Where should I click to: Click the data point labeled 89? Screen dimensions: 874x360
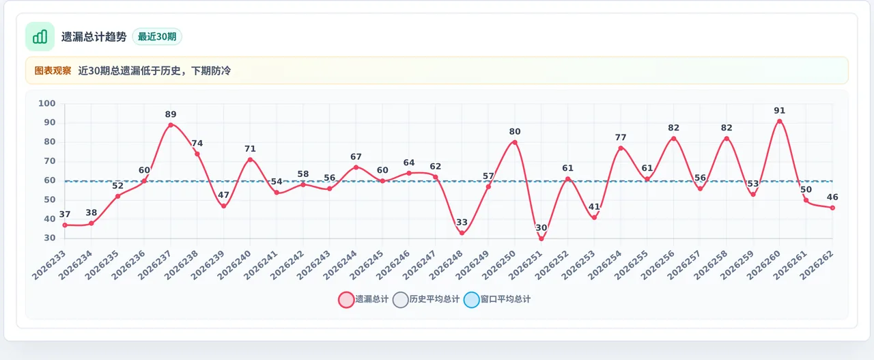click(171, 125)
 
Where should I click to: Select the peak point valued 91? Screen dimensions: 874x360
click(780, 122)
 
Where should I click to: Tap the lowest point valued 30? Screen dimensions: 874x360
click(541, 238)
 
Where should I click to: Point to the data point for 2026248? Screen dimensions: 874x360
click(462, 233)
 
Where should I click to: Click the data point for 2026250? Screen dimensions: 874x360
click(515, 143)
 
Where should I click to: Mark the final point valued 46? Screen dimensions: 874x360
click(832, 208)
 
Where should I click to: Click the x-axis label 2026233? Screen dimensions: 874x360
click(49, 265)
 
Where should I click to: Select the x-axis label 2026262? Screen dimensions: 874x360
click(817, 265)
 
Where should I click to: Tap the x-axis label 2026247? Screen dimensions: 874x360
click(419, 265)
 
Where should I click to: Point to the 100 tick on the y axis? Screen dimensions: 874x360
click(47, 103)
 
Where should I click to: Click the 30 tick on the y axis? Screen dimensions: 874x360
click(50, 238)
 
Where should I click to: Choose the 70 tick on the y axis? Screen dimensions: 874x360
click(50, 161)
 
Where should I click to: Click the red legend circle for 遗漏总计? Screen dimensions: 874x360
click(346, 299)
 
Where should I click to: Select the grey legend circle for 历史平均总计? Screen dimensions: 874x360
click(400, 299)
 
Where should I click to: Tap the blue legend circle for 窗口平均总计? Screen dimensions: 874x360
click(471, 299)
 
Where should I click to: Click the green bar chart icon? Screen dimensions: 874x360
click(40, 37)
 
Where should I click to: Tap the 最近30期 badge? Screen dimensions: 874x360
click(157, 37)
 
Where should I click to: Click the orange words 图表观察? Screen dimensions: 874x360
click(53, 70)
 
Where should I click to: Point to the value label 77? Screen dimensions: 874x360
click(621, 137)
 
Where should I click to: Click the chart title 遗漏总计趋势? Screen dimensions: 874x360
click(94, 37)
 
